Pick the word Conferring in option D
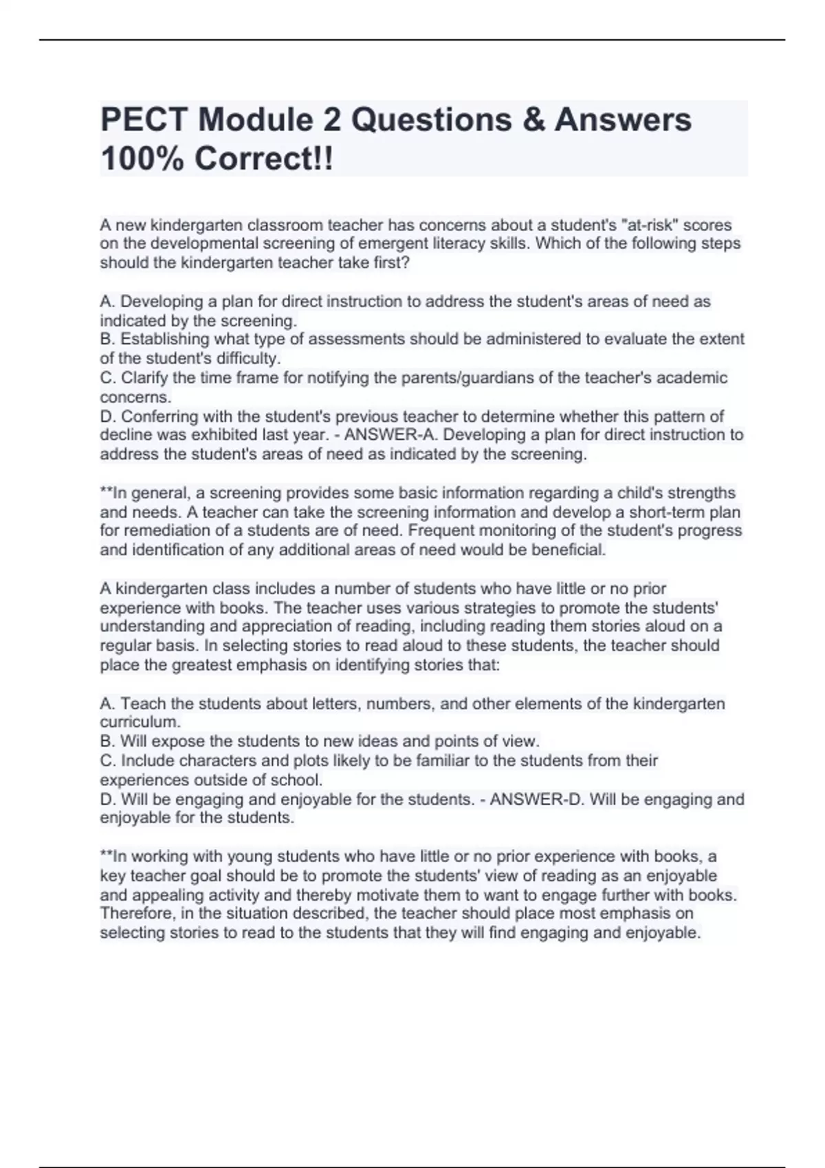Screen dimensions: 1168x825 pos(159,416)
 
